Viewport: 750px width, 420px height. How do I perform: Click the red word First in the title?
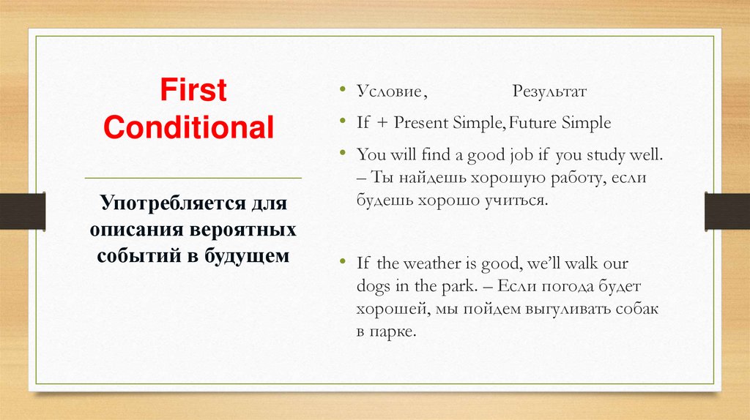point(193,92)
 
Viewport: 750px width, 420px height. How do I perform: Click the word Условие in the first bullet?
point(389,94)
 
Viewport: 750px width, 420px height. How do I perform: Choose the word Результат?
point(549,94)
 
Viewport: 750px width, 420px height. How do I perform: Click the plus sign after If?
point(382,123)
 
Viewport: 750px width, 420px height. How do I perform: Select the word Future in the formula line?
point(534,123)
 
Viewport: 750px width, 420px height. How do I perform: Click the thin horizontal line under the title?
point(193,178)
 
